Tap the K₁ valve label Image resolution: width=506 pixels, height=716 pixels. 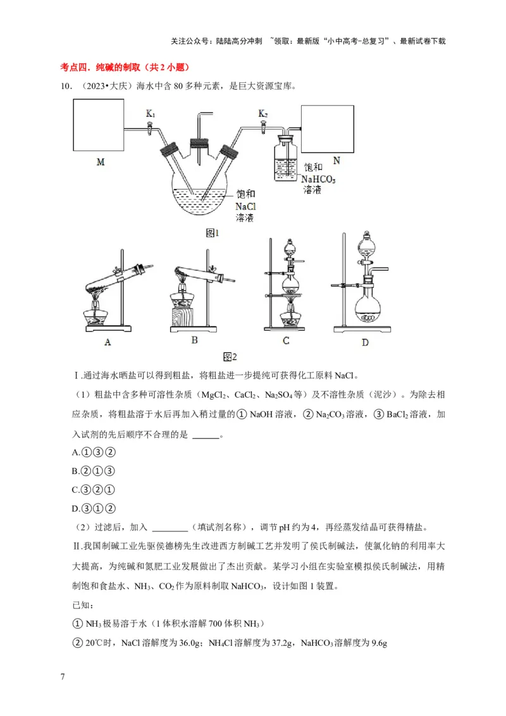pyautogui.click(x=151, y=114)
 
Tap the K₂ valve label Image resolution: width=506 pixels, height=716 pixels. pyautogui.click(x=263, y=114)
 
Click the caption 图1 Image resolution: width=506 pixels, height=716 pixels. pyautogui.click(x=213, y=233)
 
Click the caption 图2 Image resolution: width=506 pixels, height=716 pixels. pyautogui.click(x=230, y=357)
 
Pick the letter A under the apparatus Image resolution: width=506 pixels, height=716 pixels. pyautogui.click(x=108, y=342)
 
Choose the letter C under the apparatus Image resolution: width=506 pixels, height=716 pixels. pyautogui.click(x=286, y=342)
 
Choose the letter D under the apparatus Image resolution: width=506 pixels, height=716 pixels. pyautogui.click(x=365, y=342)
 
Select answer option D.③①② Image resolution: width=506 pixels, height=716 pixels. pyautogui.click(x=93, y=508)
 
